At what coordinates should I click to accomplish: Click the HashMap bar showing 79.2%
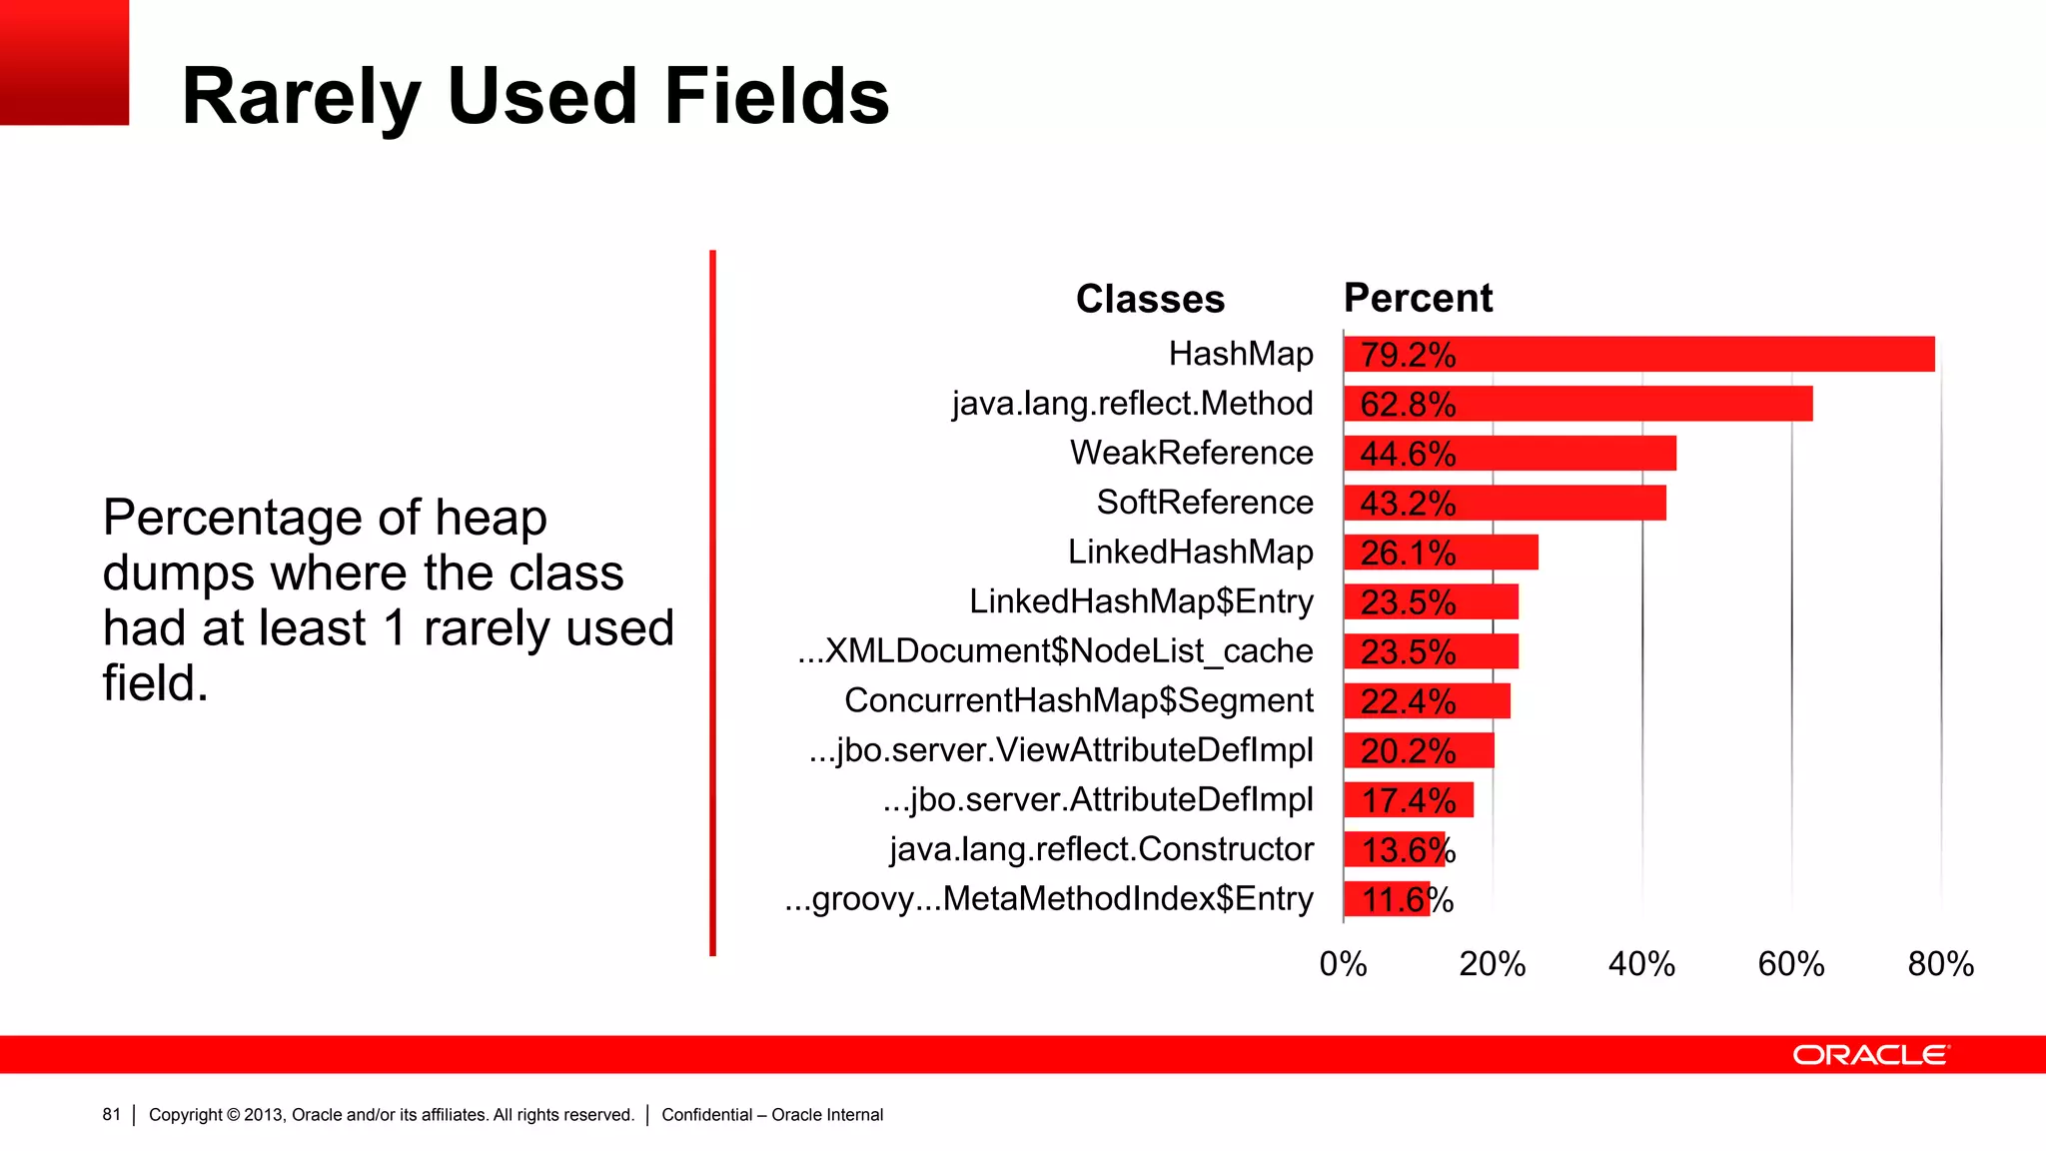point(1638,355)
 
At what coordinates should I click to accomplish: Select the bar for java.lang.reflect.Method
point(1577,404)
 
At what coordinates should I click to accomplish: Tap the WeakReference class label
point(1191,453)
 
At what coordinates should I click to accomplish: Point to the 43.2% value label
point(1408,504)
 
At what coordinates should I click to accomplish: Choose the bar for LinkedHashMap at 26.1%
point(1441,553)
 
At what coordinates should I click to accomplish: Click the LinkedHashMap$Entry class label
point(1141,601)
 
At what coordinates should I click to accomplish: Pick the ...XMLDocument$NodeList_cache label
point(1055,650)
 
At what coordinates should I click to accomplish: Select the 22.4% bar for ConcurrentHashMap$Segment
point(1427,701)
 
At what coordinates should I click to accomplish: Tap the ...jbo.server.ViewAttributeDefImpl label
point(1061,750)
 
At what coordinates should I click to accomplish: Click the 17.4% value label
point(1408,800)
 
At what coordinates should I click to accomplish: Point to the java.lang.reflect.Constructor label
point(1101,849)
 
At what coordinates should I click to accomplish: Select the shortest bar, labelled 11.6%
point(1387,899)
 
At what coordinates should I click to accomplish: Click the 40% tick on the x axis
point(1641,964)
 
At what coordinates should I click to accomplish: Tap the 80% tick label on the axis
point(1940,964)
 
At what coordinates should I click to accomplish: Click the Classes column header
point(1150,299)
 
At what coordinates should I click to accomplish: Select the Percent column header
point(1418,298)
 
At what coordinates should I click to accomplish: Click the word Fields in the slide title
point(776,96)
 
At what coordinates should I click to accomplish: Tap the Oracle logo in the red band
point(1871,1055)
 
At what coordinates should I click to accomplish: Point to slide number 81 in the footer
point(111,1115)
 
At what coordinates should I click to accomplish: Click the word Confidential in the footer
point(706,1115)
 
